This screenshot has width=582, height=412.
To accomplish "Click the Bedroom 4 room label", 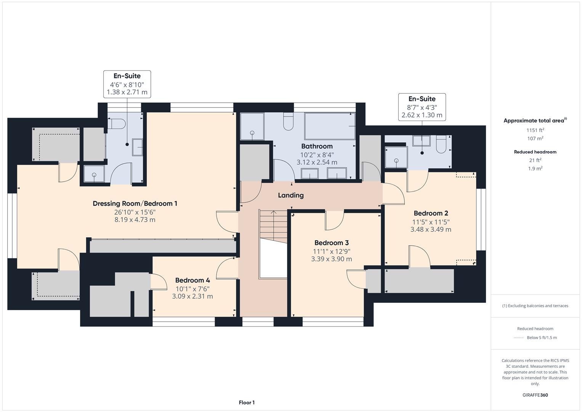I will click(x=192, y=280).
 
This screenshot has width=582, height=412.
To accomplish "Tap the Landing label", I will click(x=291, y=195).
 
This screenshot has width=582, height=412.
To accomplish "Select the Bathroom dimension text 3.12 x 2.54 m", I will click(x=317, y=162).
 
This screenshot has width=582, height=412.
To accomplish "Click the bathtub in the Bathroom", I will click(x=330, y=126).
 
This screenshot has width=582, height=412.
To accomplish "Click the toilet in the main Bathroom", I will click(x=288, y=122).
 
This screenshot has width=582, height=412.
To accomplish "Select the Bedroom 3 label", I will click(x=331, y=243).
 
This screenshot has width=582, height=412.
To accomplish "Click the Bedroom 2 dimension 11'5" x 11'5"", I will click(x=431, y=222).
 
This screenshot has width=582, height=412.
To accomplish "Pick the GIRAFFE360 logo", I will click(x=535, y=395).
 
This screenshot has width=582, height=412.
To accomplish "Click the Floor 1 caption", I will click(x=247, y=402).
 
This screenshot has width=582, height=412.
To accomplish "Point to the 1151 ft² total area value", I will click(x=535, y=130).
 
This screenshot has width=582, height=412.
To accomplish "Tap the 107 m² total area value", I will click(x=535, y=138).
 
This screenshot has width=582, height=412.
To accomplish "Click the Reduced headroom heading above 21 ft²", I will click(x=535, y=152).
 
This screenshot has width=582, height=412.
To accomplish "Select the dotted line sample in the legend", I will click(x=518, y=338).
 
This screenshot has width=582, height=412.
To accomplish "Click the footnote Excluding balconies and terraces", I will click(x=535, y=306).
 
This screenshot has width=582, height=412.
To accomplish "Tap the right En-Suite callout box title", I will click(x=422, y=99).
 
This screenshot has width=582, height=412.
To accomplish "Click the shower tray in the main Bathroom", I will click(x=252, y=126).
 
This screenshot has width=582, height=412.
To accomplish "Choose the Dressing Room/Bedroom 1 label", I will click(x=135, y=203).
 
